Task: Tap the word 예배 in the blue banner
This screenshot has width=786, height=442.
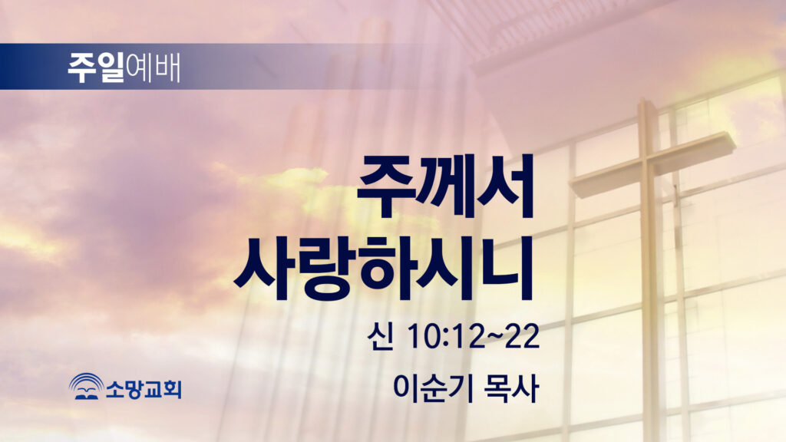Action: coord(153,68)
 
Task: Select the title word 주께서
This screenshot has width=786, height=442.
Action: coord(445,186)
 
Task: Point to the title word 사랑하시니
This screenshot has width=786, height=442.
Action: coord(383,269)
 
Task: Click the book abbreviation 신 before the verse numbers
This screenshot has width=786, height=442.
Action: coord(379,336)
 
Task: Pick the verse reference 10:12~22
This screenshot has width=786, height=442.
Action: coord(473,336)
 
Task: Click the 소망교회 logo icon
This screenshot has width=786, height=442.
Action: coord(86,387)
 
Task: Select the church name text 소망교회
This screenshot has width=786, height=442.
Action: coord(144,389)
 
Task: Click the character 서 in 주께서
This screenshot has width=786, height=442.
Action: coord(505,186)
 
